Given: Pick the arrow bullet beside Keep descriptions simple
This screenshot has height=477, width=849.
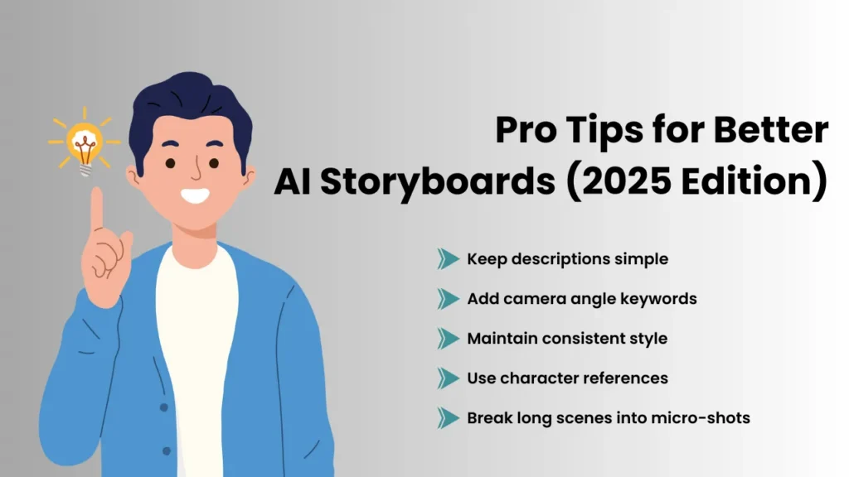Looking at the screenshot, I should click(448, 259).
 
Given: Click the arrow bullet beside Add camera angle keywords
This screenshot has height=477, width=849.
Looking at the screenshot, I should click(448, 299).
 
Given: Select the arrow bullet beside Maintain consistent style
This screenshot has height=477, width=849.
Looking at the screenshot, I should click(448, 339).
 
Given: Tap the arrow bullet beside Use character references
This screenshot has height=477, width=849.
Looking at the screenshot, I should click(448, 378).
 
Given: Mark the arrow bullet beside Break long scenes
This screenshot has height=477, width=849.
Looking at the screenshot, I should click(448, 418).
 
